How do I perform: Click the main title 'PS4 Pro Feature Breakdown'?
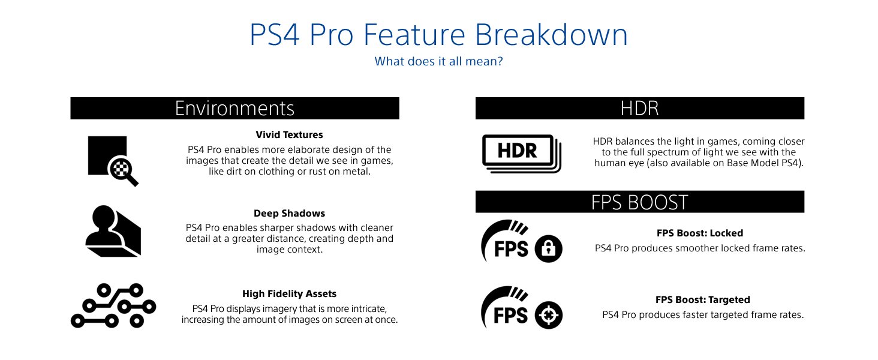(x=438, y=35)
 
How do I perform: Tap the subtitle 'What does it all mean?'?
(x=438, y=62)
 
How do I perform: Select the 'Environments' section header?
(x=234, y=108)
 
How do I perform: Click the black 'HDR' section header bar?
(x=640, y=108)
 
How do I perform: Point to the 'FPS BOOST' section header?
(x=640, y=202)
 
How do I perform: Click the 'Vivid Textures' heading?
(x=289, y=135)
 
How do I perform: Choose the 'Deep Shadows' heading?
(x=289, y=214)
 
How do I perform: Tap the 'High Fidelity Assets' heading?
(x=289, y=294)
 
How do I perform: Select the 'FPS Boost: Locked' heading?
(x=700, y=233)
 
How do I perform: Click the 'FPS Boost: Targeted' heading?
(x=703, y=299)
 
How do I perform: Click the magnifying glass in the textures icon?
(x=123, y=172)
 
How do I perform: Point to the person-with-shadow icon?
(x=113, y=231)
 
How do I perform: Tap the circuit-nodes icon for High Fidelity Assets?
(x=113, y=305)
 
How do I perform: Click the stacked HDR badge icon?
(x=522, y=154)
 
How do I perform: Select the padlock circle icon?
(x=548, y=248)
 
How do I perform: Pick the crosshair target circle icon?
(x=548, y=315)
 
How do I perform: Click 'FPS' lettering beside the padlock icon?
(x=511, y=249)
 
